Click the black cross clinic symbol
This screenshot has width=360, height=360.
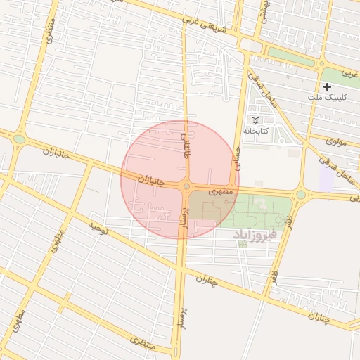(328, 86)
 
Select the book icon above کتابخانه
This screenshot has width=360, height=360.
(255, 120)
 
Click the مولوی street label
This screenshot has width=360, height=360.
(337, 141)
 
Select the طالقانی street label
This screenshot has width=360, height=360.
(186, 146)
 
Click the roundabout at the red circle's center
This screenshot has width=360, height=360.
(186, 186)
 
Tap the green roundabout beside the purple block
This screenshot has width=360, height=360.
(300, 194)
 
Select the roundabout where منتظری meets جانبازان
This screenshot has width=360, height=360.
(19, 139)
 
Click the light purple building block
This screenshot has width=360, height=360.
(326, 177)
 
